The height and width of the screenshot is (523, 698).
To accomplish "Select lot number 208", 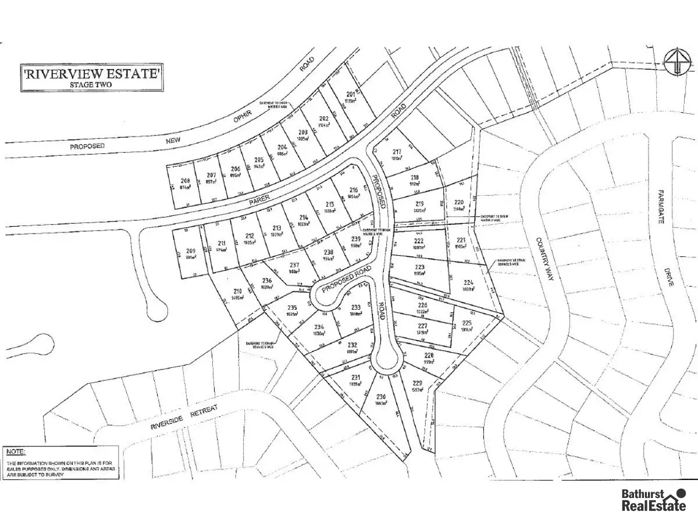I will pos(186,181).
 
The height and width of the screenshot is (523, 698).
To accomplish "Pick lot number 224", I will pos(469,283).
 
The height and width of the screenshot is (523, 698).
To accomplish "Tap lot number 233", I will pos(356,307).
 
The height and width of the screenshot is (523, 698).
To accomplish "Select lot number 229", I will pos(416,382).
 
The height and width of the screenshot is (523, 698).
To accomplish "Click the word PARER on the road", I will pos(260,199).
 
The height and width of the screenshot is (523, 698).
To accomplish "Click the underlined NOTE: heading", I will pos(15,452).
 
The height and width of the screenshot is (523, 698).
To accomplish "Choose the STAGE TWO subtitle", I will pos(92,85).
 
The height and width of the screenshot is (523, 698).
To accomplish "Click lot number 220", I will pos(459,203).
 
